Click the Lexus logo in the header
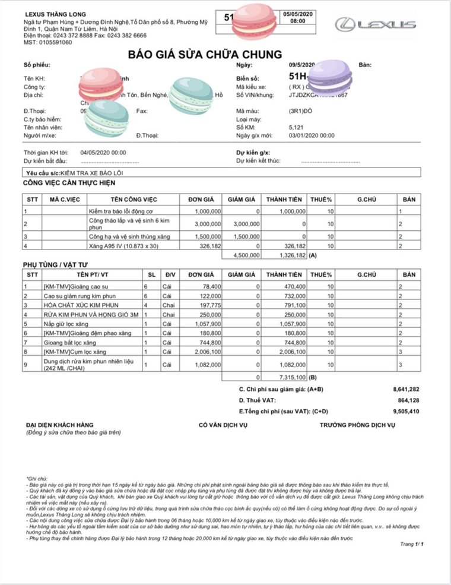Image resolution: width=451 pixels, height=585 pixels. pyautogui.click(x=376, y=24)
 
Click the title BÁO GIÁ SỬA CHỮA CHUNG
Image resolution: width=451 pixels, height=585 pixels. pyautogui.click(x=205, y=55)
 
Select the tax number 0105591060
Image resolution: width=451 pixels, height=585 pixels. pyautogui.click(x=45, y=42)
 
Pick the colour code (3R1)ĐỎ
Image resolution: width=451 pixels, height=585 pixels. pyautogui.click(x=303, y=110)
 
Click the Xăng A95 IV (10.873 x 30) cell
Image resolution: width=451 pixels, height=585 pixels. pyautogui.click(x=124, y=245)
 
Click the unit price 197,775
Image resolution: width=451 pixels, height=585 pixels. pyautogui.click(x=208, y=305)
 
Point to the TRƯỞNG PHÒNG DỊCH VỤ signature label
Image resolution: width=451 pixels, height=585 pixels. pyautogui.click(x=357, y=425)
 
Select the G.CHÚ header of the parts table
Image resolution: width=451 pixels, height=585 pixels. pyautogui.click(x=367, y=274)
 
